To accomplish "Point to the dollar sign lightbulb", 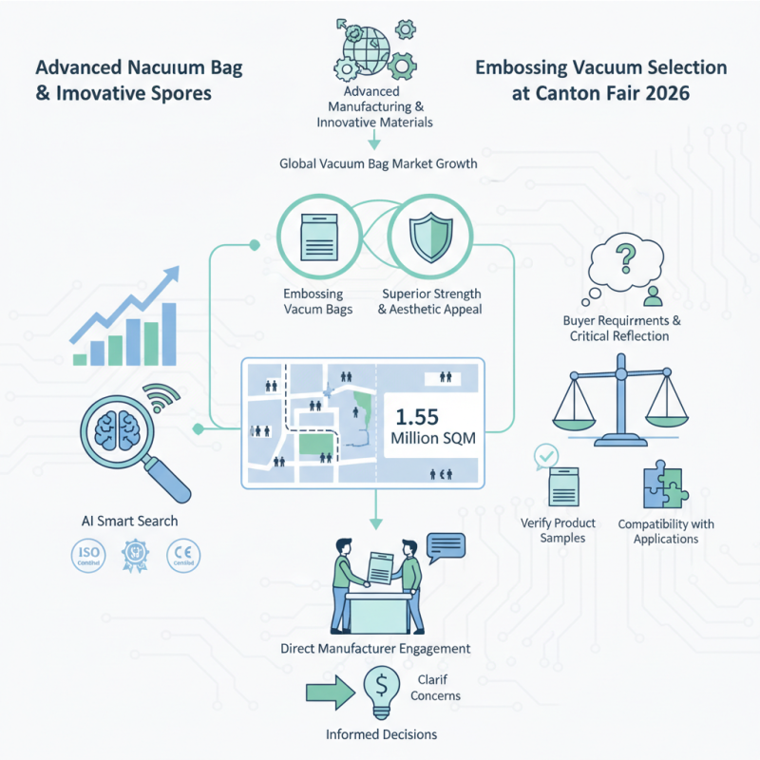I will click(x=381, y=686).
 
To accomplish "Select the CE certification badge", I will click(x=182, y=557).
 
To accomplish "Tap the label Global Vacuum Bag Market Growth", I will click(x=378, y=163).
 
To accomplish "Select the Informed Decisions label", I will click(x=382, y=734).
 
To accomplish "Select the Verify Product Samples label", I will click(x=559, y=530).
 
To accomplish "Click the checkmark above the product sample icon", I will click(x=546, y=456).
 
